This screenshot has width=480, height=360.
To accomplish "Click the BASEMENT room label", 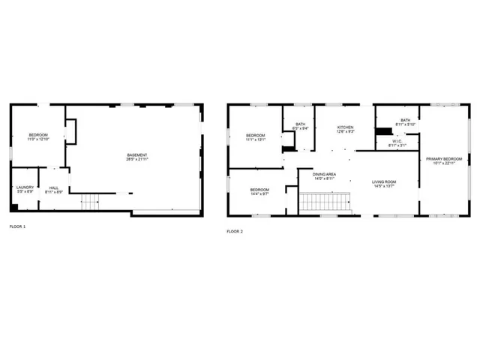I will (136, 155).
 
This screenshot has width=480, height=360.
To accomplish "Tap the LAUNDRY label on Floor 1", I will (24, 188).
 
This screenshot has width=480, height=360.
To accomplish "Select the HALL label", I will (54, 188).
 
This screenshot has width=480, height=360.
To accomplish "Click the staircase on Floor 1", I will (90, 201).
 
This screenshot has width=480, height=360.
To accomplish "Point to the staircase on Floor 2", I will (325, 201).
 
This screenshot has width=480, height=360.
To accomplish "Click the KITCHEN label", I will (344, 127).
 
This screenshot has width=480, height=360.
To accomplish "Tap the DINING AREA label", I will (324, 174).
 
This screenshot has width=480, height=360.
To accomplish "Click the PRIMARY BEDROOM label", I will (444, 159).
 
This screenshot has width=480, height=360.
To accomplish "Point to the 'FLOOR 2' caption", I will (235, 231).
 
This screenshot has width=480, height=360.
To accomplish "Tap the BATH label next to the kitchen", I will (300, 124).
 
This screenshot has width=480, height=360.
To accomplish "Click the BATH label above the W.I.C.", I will (405, 120).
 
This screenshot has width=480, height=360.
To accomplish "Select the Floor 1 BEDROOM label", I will (37, 135).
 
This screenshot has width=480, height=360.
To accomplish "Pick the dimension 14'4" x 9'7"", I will (259, 194).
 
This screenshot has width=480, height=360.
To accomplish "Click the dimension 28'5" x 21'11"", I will (136, 160).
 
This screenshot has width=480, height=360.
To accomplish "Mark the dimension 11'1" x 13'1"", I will (256, 139).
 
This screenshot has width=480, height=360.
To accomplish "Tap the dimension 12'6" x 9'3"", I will (344, 132).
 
